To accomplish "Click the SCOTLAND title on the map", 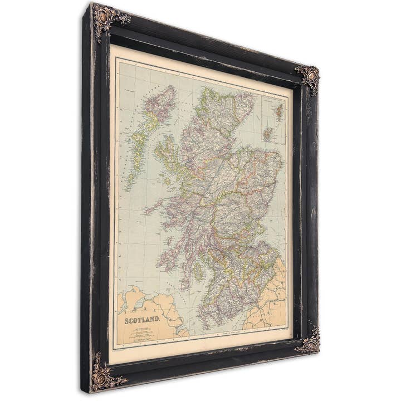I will point(142,320).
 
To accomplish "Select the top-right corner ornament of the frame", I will point(308,76).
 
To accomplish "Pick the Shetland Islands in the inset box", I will point(278,111).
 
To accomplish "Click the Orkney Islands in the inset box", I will point(268,133).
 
